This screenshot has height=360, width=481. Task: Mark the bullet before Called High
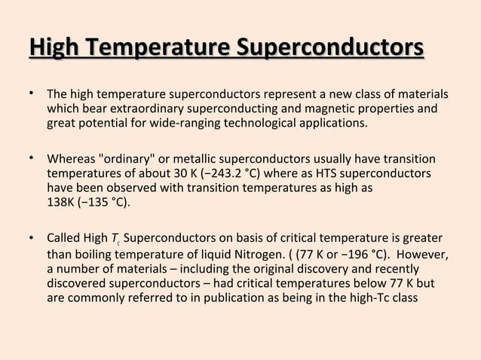(32, 239)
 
